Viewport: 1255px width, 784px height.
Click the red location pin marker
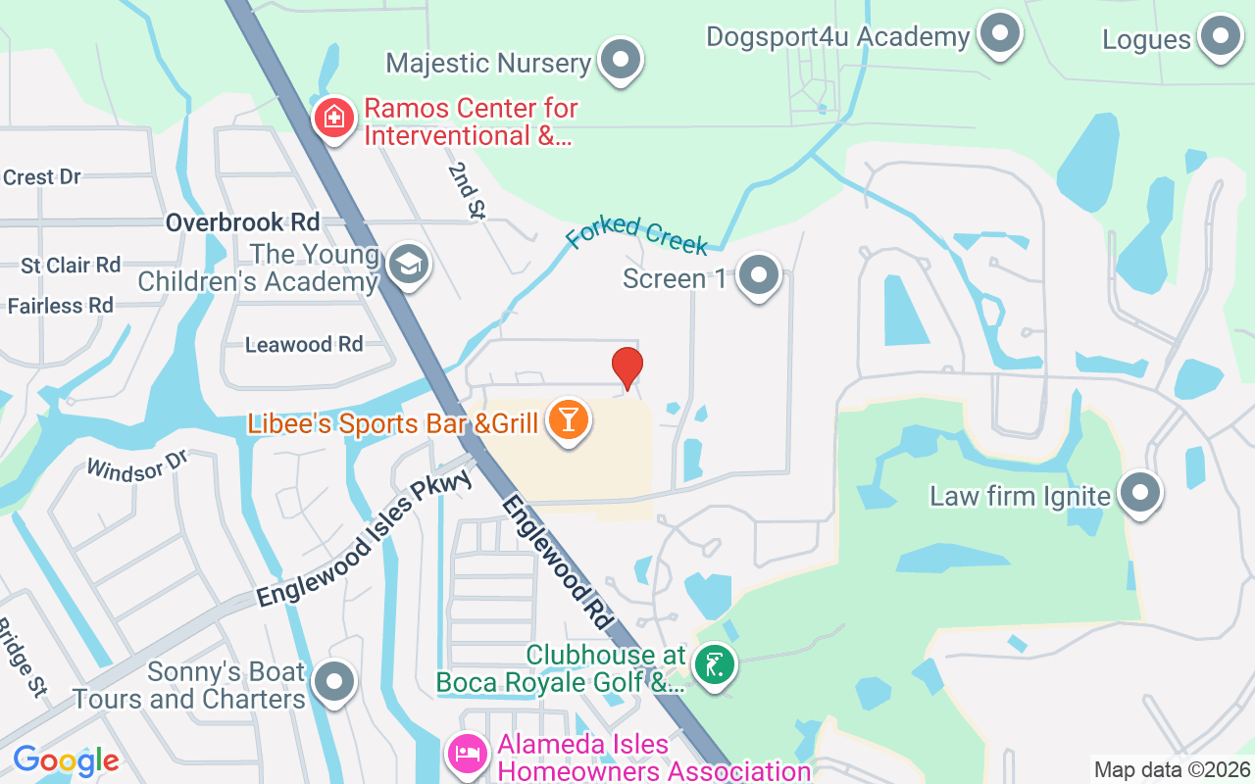tap(627, 367)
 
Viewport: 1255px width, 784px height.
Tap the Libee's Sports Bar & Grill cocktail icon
tap(567, 420)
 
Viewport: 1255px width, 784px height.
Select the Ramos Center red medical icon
tap(334, 119)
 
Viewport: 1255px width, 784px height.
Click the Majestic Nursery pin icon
tap(620, 60)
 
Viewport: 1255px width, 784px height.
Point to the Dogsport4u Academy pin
tap(1000, 34)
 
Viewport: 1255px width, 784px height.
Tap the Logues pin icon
tap(1222, 36)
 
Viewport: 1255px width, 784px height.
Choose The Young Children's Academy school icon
tap(408, 264)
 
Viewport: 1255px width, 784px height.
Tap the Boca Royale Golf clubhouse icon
tap(715, 665)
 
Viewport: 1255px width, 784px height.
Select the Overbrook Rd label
tap(242, 222)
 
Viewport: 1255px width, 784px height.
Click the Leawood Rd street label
tap(304, 344)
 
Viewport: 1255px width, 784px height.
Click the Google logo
tap(66, 760)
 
